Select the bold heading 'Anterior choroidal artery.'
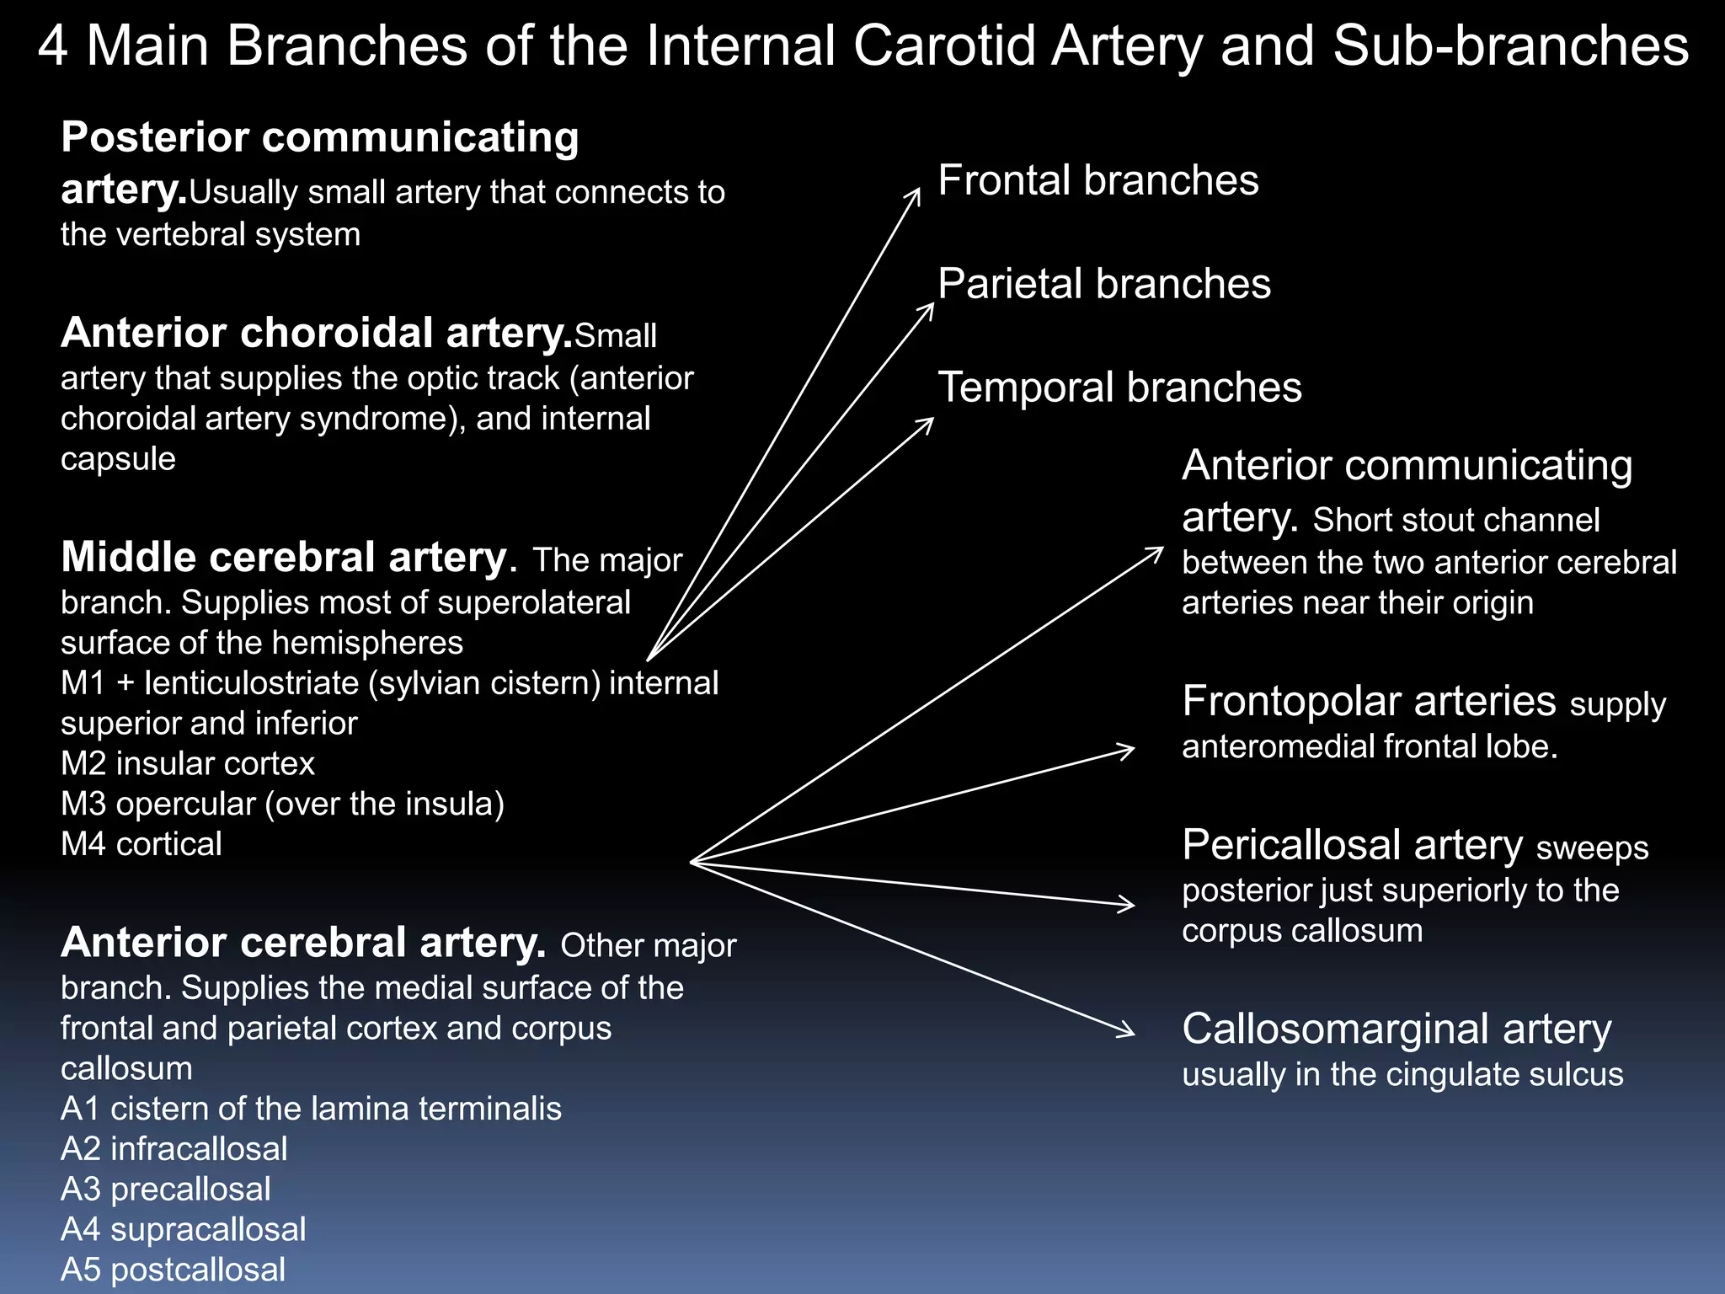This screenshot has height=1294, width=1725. pos(317,334)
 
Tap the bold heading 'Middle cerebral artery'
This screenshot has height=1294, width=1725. pos(284,558)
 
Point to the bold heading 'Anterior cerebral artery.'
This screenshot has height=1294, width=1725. pos(303,943)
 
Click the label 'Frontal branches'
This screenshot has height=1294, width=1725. pos(1097,181)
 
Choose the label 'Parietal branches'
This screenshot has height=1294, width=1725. pos(1103,284)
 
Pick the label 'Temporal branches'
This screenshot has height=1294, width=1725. pos(1119,388)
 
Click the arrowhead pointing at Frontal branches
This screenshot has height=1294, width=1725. pos(916,194)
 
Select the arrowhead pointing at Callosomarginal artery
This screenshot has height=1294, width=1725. pos(1129,1031)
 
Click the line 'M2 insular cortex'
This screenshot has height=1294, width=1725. pos(187,764)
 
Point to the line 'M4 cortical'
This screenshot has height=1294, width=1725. pos(142,844)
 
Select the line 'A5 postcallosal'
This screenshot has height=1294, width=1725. pos(173,1270)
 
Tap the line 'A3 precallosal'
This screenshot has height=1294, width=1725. pos(166,1190)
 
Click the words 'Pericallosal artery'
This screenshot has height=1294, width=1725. pos(1351,845)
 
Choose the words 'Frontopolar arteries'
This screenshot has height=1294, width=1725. pos(1368,702)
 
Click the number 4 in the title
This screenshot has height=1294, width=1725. pos(52,46)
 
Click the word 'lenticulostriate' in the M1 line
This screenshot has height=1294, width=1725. pos(251,683)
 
